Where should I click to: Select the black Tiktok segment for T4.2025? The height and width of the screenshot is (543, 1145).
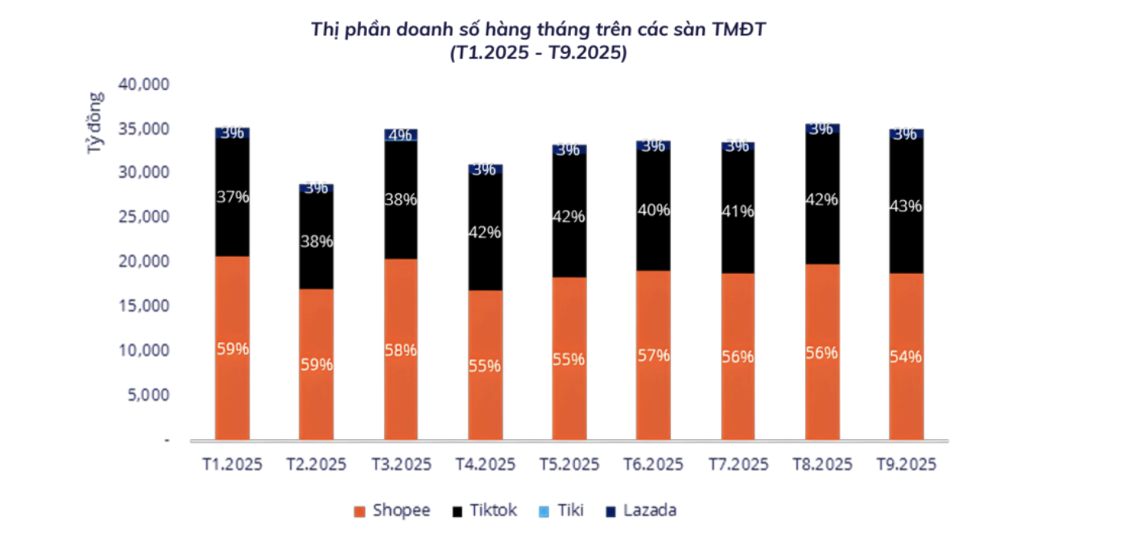(485, 262)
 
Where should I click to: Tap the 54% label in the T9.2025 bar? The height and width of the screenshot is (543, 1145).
(906, 357)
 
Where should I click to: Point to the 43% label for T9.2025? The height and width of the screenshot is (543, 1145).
(906, 207)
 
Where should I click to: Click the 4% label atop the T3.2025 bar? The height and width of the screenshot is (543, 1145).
(401, 135)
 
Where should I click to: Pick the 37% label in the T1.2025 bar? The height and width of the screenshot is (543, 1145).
(232, 197)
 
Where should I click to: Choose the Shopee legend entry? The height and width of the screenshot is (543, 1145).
(392, 511)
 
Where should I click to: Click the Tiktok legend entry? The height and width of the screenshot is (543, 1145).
(486, 511)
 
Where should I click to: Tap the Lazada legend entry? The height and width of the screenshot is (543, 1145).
(641, 511)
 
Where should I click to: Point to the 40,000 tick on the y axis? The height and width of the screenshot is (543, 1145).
(144, 83)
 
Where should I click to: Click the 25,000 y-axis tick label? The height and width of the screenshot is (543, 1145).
(144, 217)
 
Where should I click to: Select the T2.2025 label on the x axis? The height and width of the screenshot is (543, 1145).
(316, 465)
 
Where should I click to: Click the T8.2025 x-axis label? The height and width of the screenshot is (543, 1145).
(823, 465)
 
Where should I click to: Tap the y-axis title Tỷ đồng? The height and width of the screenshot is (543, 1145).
(95, 123)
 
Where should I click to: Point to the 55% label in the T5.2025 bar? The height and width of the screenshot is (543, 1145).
(569, 359)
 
